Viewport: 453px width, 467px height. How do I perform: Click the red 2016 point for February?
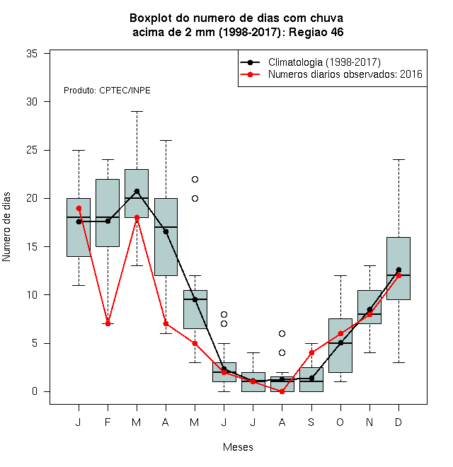pyautogui.click(x=108, y=324)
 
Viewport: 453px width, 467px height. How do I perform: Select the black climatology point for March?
pyautogui.click(x=137, y=191)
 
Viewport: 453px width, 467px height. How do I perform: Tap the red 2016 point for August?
pyautogui.click(x=282, y=392)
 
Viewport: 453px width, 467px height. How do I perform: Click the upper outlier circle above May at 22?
pyautogui.click(x=195, y=179)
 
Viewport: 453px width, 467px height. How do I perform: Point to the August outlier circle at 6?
pyautogui.click(x=282, y=333)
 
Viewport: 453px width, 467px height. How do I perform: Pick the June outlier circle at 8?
pyautogui.click(x=224, y=314)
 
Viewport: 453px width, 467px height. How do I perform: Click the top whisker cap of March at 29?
pyautogui.click(x=137, y=111)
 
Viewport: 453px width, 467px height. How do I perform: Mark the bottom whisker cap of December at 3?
pyautogui.click(x=398, y=362)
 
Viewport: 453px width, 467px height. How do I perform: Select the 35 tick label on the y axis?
pyautogui.click(x=32, y=54)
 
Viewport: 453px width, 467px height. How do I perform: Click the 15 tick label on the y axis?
pyautogui.click(x=32, y=247)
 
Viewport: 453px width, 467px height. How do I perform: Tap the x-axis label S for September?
pyautogui.click(x=311, y=422)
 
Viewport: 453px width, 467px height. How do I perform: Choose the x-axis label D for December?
pyautogui.click(x=398, y=422)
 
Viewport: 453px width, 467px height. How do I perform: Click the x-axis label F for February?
pyautogui.click(x=108, y=422)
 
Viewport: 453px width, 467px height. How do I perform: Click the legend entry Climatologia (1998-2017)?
pyautogui.click(x=324, y=62)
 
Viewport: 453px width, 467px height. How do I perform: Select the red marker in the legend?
pyautogui.click(x=250, y=74)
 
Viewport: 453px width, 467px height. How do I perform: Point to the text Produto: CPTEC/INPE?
pyautogui.click(x=107, y=91)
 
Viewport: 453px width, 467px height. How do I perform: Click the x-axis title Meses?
pyautogui.click(x=238, y=447)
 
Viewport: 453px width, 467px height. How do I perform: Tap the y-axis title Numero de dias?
pyautogui.click(x=6, y=227)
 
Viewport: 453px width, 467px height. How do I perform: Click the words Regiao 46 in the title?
pyautogui.click(x=316, y=32)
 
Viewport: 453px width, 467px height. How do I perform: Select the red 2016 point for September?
pyautogui.click(x=311, y=353)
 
